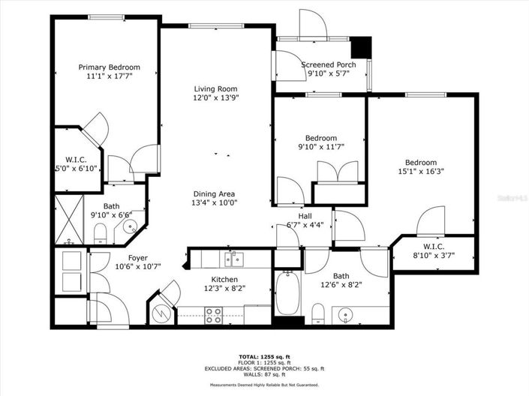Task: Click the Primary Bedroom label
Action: (110, 67)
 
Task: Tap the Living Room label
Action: (216, 88)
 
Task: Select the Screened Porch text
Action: (328, 64)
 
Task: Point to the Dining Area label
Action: (215, 193)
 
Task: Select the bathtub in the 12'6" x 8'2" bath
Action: (287, 295)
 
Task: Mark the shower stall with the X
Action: (68, 219)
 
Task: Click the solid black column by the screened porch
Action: (362, 46)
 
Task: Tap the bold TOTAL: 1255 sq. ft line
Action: (264, 358)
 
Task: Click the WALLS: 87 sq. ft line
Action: (264, 374)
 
